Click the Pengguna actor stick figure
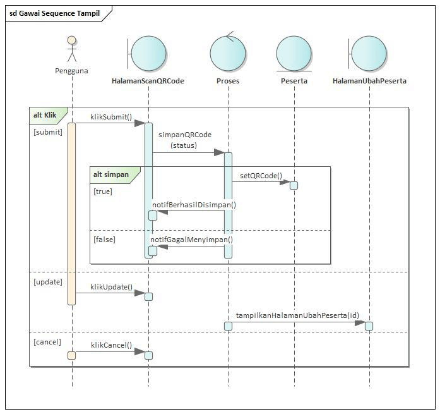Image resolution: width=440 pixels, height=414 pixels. click(72, 50)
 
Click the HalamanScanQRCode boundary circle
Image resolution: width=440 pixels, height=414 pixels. click(149, 52)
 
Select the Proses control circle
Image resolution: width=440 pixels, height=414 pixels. click(227, 52)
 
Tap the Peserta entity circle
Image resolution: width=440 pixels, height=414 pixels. click(294, 53)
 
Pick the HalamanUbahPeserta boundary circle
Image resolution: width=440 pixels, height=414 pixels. click(370, 52)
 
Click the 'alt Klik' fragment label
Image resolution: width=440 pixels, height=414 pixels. click(45, 116)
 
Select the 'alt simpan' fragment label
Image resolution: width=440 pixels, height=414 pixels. click(110, 174)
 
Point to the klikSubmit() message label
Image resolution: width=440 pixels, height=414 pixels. click(111, 116)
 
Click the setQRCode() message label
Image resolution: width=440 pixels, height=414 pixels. click(261, 176)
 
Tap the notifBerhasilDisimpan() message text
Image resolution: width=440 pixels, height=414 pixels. click(194, 205)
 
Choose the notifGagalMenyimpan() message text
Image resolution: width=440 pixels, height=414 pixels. click(191, 240)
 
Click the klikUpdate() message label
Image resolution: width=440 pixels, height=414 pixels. click(111, 287)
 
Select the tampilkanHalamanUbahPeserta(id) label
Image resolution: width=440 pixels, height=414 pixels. click(297, 315)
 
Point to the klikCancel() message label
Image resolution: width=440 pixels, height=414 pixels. click(111, 345)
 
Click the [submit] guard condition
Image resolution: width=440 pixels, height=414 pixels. click(48, 132)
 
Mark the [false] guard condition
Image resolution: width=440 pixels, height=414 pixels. click(104, 240)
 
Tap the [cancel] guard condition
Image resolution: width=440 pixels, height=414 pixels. click(47, 342)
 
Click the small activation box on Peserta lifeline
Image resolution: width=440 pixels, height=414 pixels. click(294, 185)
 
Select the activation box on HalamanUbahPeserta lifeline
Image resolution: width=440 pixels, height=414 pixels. click(369, 326)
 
